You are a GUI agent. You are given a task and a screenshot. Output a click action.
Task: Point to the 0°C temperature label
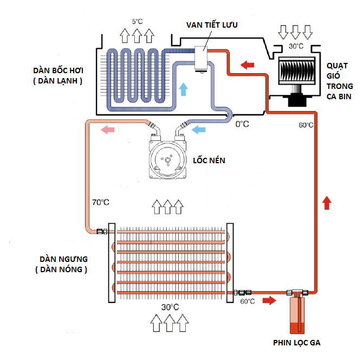(242, 124)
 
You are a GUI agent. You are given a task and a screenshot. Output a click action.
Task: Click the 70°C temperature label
(100, 202)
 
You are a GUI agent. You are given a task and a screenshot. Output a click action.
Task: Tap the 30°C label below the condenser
(170, 307)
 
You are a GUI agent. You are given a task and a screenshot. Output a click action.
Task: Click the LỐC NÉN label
(209, 161)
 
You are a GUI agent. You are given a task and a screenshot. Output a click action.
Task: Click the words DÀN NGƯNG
(59, 259)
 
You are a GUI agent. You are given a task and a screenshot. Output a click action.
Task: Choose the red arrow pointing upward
(326, 203)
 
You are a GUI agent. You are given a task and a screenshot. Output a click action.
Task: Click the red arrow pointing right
(268, 300)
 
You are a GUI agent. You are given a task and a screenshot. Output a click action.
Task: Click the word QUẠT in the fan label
(339, 66)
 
